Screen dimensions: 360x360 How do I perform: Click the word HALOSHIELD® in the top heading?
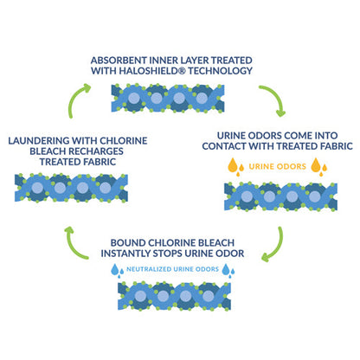tap(152, 71)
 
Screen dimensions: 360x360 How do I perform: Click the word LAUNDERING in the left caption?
tap(39, 141)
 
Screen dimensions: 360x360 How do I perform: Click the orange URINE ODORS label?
tap(277, 166)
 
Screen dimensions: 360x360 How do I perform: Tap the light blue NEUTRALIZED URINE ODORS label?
tap(172, 269)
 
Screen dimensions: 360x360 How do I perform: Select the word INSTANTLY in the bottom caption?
tap(125, 254)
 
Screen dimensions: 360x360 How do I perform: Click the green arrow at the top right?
tap(273, 99)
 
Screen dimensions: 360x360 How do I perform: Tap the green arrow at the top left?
tap(75, 98)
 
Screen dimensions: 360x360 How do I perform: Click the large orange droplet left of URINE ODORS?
tap(233, 165)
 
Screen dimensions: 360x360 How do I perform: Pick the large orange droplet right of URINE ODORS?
tap(316, 165)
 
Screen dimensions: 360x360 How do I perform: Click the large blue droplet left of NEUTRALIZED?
tap(115, 269)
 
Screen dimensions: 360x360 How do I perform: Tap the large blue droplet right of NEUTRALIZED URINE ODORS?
tap(226, 269)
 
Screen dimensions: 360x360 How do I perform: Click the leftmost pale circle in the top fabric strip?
tap(134, 98)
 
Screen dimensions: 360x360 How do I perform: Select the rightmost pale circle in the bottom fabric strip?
tap(208, 296)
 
